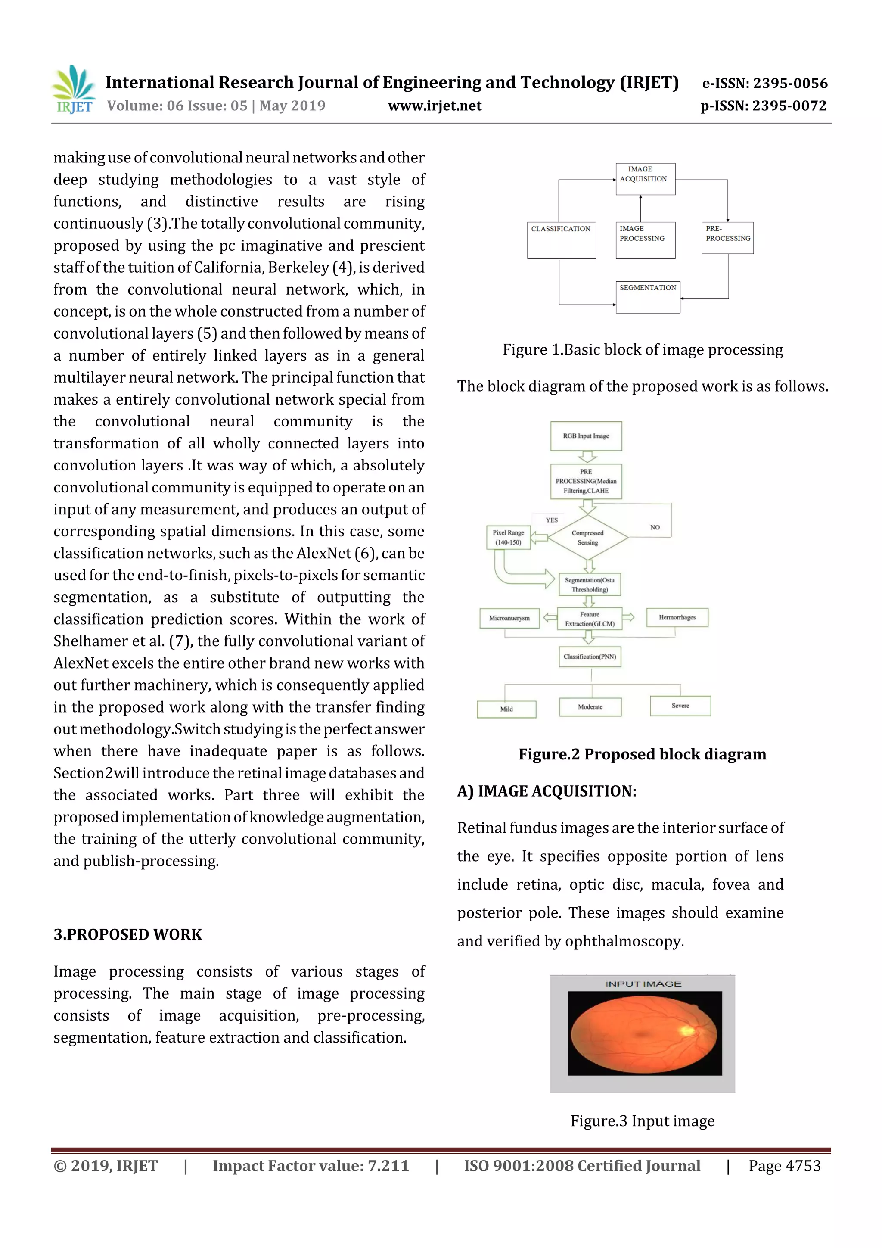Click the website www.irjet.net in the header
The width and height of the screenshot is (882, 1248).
point(434,106)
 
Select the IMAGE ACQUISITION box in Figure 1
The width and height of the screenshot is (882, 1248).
point(645,179)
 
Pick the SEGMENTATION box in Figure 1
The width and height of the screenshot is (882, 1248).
point(648,297)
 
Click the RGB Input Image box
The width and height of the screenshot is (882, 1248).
point(586,436)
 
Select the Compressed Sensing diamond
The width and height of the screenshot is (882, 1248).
point(587,538)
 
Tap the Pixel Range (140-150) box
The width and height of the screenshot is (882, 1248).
point(508,537)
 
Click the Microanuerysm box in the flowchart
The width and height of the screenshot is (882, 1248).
point(509,618)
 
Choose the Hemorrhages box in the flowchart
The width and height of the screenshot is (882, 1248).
point(677,617)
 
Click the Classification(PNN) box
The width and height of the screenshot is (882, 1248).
point(590,657)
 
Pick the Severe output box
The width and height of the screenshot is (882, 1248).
point(680,706)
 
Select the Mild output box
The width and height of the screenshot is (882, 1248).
point(506,709)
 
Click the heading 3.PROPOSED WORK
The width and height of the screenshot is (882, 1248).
point(128,934)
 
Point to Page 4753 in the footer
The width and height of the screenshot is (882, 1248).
point(784,1165)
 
